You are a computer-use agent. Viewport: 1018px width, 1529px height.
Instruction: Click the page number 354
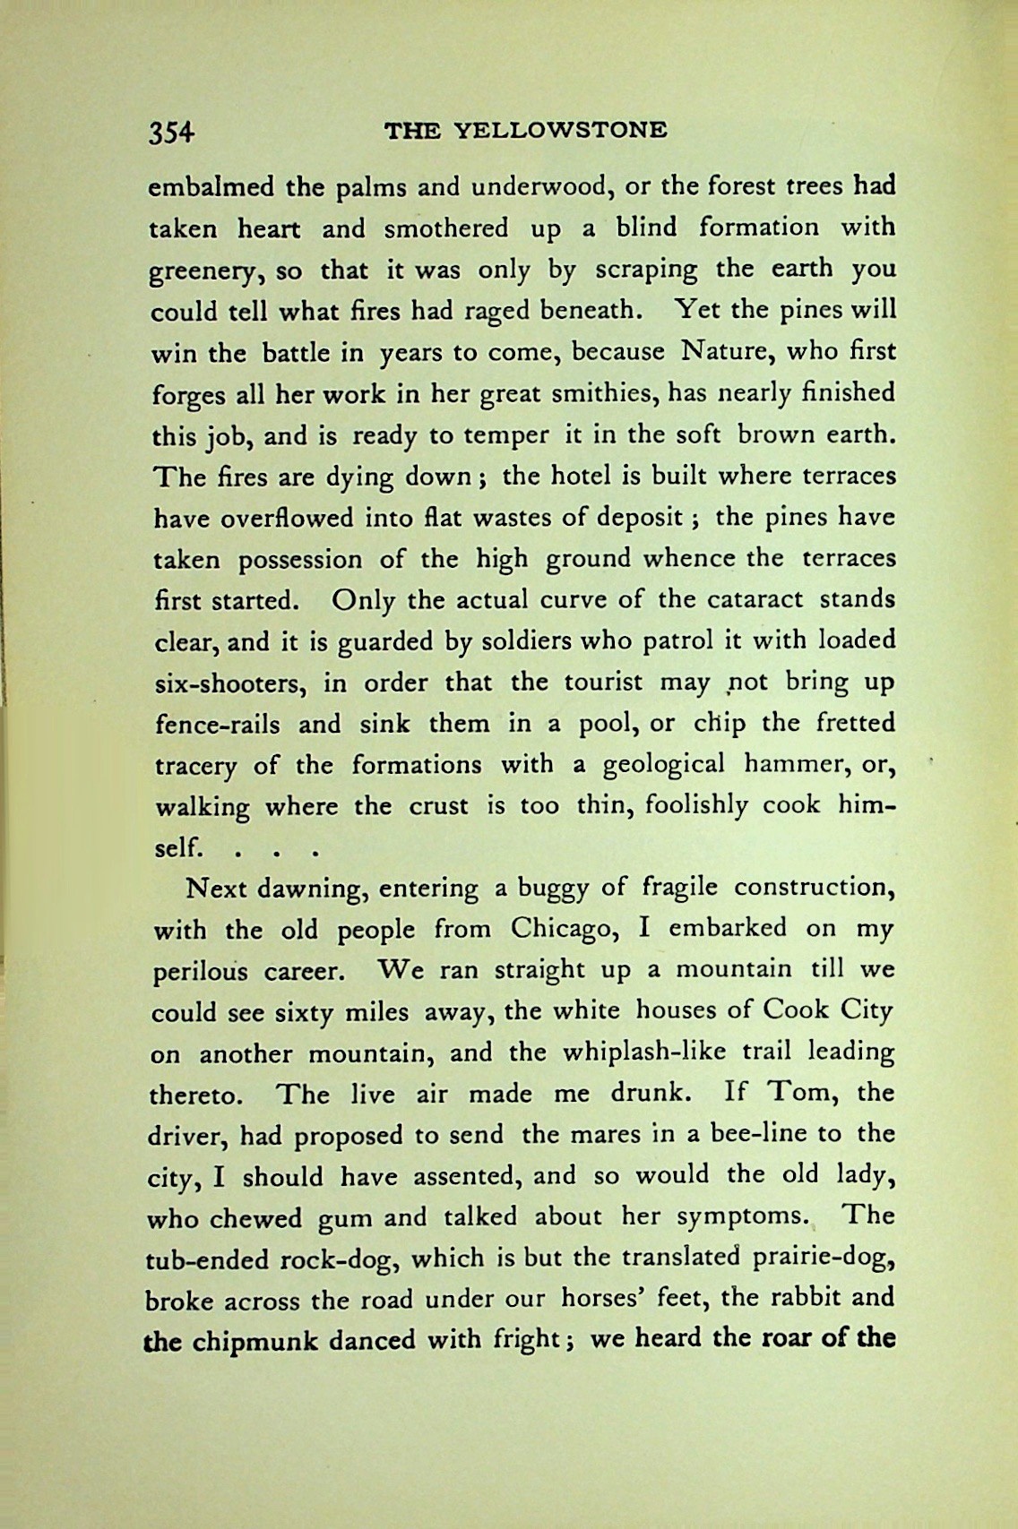pyautogui.click(x=171, y=132)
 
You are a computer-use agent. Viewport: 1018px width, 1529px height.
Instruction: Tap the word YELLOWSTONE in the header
pyautogui.click(x=561, y=131)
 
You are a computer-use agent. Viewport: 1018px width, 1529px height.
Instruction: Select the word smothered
pyautogui.click(x=445, y=228)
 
